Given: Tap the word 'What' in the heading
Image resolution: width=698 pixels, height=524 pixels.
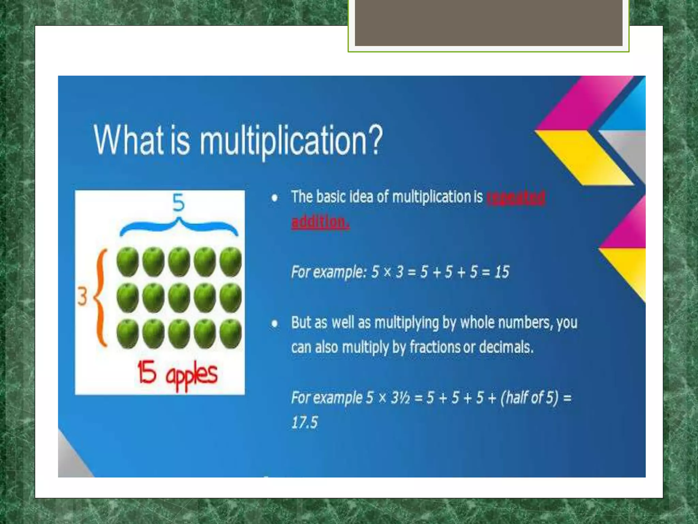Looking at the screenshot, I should click(128, 140).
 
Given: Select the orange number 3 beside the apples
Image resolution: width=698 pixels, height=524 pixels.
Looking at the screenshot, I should click(82, 296).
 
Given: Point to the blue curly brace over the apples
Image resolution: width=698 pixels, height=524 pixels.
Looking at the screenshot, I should click(179, 227).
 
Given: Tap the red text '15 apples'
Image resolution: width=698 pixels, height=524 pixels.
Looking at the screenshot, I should click(177, 373).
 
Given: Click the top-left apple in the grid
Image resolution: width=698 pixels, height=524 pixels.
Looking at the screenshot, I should click(127, 261).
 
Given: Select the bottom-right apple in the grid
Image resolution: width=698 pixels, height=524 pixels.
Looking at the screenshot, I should click(231, 333).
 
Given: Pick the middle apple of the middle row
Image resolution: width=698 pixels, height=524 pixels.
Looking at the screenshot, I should click(179, 297).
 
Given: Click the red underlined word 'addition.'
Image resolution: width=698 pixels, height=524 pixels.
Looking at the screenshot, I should click(320, 222).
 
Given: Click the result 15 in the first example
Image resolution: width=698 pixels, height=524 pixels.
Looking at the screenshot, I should click(502, 272).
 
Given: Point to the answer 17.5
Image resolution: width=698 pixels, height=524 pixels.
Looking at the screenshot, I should click(304, 422).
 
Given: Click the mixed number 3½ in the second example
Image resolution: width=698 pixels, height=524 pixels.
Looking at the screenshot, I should click(400, 398).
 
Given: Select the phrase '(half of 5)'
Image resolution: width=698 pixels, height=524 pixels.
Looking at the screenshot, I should click(529, 398).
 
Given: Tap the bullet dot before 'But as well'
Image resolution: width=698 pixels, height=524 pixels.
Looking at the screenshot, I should click(274, 323).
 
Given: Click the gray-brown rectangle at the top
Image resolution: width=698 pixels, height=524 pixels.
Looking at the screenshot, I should click(488, 23).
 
